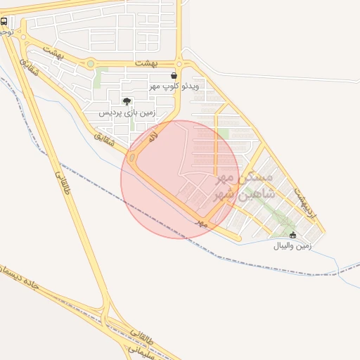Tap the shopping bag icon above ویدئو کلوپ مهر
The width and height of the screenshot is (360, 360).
174,75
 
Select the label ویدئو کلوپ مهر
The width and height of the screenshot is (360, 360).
174,86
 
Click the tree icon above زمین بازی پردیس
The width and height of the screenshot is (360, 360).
127,102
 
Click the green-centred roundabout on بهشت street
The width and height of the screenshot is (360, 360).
90,64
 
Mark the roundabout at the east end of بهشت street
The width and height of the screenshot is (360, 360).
180,64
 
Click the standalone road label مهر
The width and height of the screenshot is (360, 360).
202,222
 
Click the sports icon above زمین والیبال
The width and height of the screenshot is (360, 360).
293,235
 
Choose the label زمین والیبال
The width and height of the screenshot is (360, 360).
292,246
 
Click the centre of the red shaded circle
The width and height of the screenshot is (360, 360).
180,179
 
